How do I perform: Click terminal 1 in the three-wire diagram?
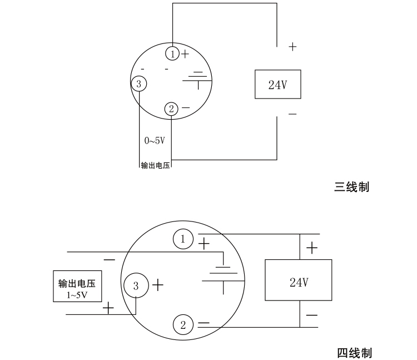coord(173,53)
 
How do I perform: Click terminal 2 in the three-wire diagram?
coord(171,109)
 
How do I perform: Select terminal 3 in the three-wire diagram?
coord(139,84)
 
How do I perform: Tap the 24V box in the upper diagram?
coord(277,85)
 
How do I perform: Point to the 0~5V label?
coord(155,141)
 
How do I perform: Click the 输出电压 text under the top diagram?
coord(155,165)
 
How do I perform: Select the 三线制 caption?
coord(351,187)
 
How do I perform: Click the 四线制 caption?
coord(354,353)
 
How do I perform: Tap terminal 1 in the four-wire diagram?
coord(183,239)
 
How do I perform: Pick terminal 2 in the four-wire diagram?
coord(183,325)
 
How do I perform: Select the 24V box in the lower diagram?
coord(299,281)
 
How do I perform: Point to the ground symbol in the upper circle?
coord(197,78)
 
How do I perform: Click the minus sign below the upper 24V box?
coord(292,114)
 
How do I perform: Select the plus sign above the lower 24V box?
coord(312,248)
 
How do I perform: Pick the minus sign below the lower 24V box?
coord(312,315)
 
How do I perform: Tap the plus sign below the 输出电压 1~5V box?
coord(108,307)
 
